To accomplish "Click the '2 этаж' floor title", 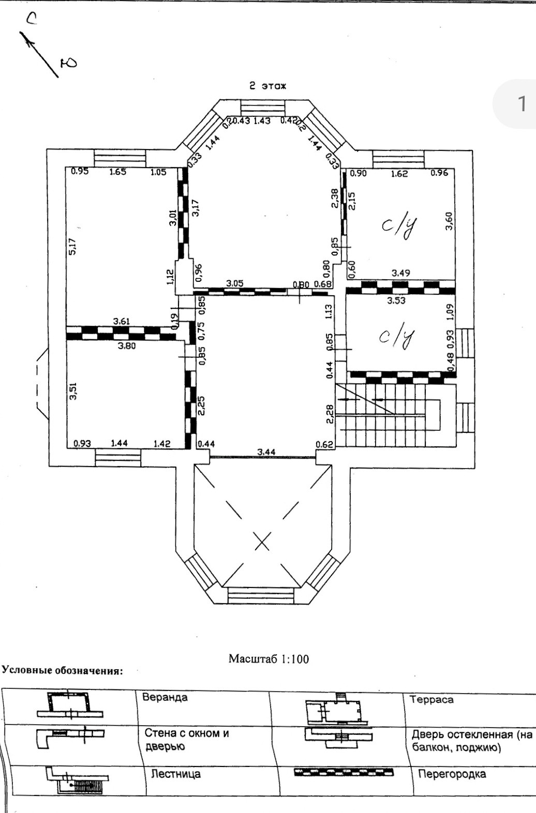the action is click(x=267, y=86).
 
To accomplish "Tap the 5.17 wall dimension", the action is click(x=72, y=246).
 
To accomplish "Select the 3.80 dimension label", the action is click(x=127, y=345).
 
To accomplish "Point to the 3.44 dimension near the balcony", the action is click(x=266, y=452).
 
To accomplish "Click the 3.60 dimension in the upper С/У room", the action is click(x=449, y=221).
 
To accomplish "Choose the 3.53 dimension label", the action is click(x=396, y=300).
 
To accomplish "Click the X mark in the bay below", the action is click(x=263, y=543).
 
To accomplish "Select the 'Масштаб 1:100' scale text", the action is click(x=269, y=659).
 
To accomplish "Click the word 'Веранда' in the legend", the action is click(x=165, y=697).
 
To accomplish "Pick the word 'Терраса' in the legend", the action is click(x=431, y=700).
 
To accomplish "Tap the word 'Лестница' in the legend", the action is click(x=176, y=774).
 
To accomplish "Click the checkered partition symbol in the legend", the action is click(x=344, y=773).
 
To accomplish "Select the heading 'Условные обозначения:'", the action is click(x=63, y=671).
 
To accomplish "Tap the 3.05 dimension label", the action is click(x=235, y=283).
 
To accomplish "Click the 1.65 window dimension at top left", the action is click(x=118, y=172).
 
